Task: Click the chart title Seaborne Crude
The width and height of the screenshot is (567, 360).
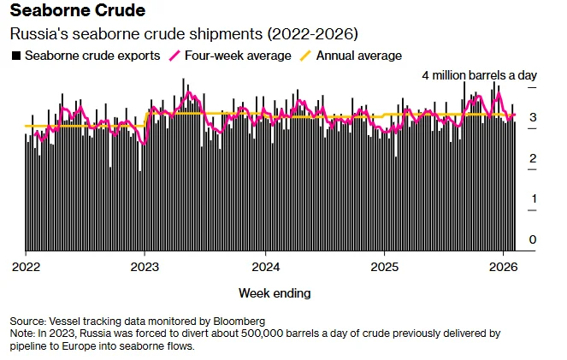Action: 78,10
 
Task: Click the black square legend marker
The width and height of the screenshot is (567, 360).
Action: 16,56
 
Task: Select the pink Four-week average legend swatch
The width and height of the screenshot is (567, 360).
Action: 174,56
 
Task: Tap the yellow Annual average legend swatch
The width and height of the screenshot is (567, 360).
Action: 306,56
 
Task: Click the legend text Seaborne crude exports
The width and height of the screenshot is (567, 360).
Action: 92,56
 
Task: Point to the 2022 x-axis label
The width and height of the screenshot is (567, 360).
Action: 26,267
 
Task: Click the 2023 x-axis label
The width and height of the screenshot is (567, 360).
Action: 145,267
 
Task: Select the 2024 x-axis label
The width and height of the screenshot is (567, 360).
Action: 266,267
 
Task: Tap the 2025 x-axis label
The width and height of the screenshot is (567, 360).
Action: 385,267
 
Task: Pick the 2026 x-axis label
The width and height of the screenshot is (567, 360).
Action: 504,267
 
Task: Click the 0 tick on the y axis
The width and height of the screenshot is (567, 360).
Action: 532,239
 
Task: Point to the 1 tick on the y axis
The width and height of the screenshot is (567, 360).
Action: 534,198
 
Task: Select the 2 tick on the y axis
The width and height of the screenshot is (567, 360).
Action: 533,158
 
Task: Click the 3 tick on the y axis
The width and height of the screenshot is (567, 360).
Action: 533,117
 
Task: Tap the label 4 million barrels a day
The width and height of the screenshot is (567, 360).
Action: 480,75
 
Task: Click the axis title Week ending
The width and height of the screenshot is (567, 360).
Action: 275,293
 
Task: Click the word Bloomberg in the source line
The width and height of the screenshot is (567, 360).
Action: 239,322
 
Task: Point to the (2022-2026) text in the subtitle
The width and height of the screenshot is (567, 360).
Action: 313,34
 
